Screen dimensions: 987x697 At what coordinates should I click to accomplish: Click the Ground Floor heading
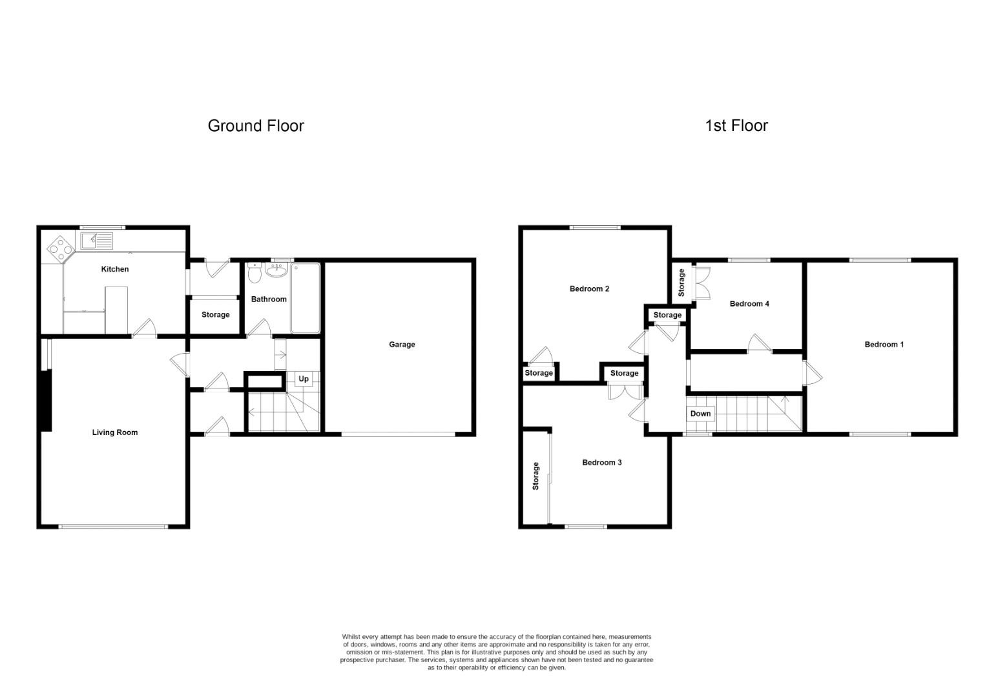point(256,126)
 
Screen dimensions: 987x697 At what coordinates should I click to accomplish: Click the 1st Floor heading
point(736,126)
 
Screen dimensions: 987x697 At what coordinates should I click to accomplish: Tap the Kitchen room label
point(115,269)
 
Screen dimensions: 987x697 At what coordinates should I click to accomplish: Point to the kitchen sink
point(97,241)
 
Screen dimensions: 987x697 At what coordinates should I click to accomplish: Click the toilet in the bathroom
point(255,273)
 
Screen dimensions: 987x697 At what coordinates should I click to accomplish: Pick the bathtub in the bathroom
point(306,298)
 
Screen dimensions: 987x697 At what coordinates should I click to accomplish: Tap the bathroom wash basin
point(276,270)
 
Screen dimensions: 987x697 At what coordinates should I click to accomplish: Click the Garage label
point(402,345)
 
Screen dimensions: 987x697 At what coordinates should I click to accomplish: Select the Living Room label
point(115,432)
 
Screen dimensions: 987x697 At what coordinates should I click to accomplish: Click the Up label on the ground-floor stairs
point(304,379)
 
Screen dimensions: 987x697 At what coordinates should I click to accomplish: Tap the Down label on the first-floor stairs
point(701,414)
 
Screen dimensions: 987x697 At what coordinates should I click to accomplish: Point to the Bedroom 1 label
point(884,345)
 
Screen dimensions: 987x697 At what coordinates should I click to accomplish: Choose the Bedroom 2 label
point(590,289)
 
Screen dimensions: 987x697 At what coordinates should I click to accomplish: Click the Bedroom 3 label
point(602,462)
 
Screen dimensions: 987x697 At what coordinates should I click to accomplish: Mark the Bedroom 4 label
point(749,303)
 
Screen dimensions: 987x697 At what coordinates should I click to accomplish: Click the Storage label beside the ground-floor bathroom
point(216,314)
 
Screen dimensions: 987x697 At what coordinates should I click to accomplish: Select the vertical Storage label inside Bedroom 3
point(535,476)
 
